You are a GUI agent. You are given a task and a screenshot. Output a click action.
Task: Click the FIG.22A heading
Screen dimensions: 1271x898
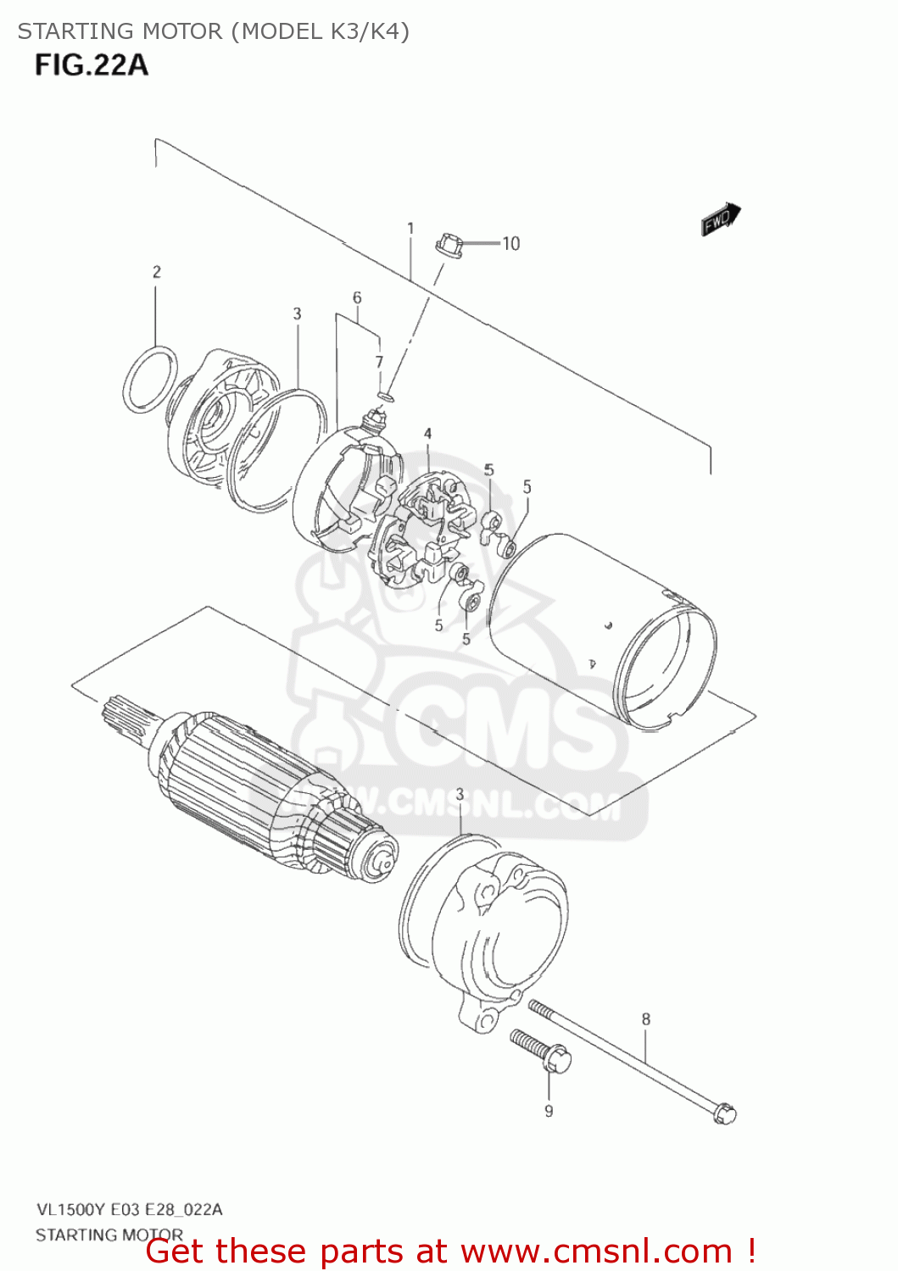[x=92, y=64]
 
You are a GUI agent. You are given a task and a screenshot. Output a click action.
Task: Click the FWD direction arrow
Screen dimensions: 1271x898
[x=721, y=219]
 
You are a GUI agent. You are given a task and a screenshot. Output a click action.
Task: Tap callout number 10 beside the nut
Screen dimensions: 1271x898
[x=510, y=244]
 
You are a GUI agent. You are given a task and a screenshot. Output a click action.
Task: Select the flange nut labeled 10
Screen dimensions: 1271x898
[x=449, y=246]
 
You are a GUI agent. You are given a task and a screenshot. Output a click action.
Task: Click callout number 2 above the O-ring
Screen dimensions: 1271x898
[x=156, y=272]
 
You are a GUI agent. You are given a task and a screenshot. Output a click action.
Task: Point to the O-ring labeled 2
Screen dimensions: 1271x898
[x=151, y=380]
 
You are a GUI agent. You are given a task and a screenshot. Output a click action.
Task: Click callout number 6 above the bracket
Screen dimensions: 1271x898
[x=357, y=298]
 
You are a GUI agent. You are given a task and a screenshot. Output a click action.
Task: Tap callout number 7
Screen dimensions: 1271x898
[x=380, y=362]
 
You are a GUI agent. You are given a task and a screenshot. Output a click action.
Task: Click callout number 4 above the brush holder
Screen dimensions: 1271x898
[x=427, y=434]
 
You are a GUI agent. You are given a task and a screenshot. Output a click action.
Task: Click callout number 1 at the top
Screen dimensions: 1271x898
[x=410, y=229]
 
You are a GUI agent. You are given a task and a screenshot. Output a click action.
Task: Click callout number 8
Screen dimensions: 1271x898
[x=646, y=1019]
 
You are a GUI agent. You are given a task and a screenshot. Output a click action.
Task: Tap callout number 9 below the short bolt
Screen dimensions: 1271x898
[x=549, y=1111]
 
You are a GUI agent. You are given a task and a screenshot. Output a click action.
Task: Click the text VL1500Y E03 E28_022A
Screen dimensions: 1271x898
[x=129, y=1210]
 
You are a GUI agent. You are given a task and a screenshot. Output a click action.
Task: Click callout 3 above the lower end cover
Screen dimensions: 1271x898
[x=460, y=794]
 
